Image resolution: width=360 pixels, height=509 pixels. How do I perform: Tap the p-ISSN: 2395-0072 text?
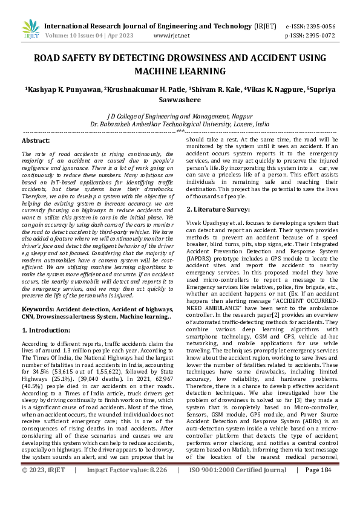310,36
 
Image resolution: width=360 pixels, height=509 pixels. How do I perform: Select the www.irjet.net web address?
172,36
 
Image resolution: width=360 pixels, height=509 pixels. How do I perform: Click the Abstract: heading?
36,140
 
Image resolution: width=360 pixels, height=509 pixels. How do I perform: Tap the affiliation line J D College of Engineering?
180,115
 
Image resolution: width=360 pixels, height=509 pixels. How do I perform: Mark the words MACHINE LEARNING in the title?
180,71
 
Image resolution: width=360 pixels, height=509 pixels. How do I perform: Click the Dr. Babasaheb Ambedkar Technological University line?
180,123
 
